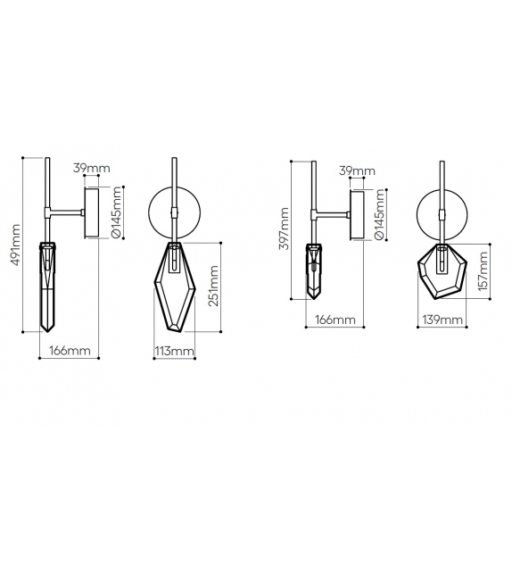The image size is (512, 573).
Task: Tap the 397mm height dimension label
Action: (285, 229)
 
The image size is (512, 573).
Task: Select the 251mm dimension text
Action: (213, 286)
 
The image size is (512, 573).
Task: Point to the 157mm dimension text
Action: (483, 270)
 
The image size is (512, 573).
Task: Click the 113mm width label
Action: (174, 352)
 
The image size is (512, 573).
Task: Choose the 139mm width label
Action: (437, 319)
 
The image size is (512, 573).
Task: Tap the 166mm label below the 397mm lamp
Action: (334, 319)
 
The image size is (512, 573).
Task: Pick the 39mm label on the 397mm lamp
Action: (358, 169)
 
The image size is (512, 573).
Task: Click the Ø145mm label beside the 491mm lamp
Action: (117, 214)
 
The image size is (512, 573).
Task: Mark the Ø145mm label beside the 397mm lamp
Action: (380, 216)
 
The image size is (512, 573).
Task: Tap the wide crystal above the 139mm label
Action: (442, 272)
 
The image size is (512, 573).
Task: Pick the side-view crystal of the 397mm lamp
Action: (315, 270)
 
